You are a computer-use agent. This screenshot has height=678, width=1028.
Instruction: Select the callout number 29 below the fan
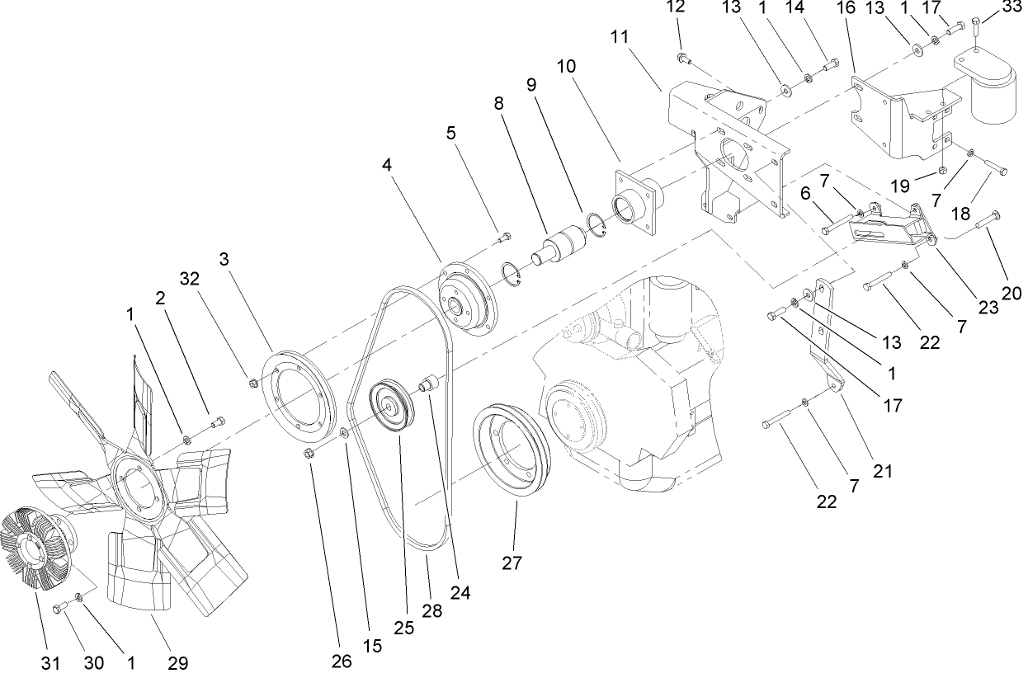[178, 662]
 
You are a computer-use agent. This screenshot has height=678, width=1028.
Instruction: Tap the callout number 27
[513, 563]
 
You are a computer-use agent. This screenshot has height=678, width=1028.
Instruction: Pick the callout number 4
[387, 165]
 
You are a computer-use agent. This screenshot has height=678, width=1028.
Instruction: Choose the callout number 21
[882, 471]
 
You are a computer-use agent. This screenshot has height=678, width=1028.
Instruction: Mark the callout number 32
[191, 279]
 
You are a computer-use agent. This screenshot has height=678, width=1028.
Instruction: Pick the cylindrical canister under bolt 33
[990, 91]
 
